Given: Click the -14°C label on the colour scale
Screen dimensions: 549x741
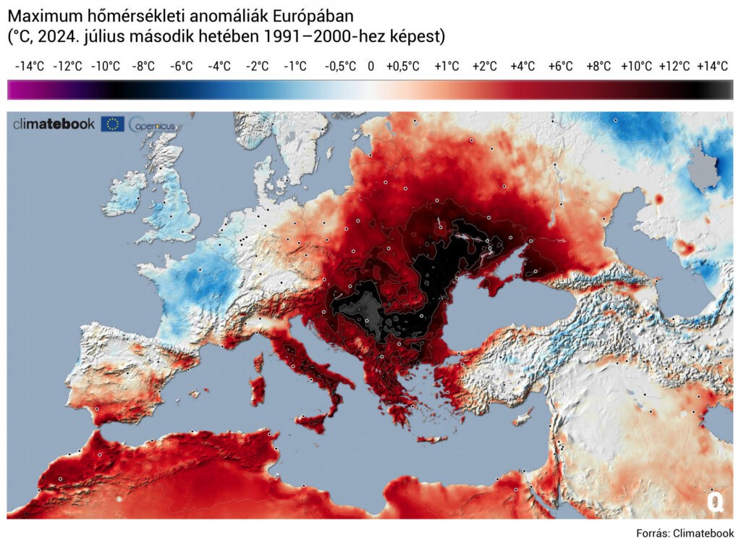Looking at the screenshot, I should tap(30, 66).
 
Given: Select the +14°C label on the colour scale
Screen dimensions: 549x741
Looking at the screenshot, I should tap(712, 66).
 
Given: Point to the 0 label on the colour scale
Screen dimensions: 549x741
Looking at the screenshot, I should tap(370, 66).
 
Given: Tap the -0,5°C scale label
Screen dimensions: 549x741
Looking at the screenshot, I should tap(340, 66).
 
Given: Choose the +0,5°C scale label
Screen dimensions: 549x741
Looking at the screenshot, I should tap(402, 66).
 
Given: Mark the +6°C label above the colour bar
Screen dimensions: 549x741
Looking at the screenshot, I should tap(560, 66).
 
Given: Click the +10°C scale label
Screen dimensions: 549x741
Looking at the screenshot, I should tap(636, 66).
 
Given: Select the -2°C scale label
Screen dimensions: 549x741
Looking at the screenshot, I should tap(257, 66).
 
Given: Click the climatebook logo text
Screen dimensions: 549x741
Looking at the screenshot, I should tap(54, 124).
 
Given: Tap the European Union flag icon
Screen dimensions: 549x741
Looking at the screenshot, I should tap(112, 124).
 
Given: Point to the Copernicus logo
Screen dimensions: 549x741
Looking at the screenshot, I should tap(152, 125).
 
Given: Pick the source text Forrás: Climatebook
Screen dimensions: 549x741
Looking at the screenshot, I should tap(685, 533).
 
